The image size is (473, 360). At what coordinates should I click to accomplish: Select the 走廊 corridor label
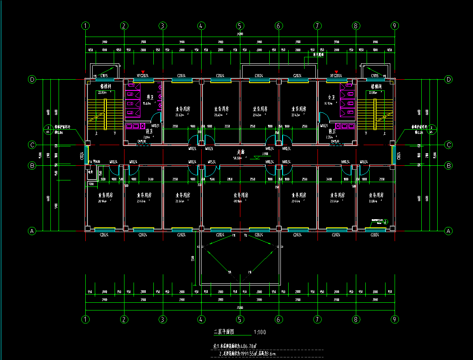pos(240,152)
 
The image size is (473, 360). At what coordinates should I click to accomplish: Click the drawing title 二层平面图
pos(224,332)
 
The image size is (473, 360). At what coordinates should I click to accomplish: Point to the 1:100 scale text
pos(260,332)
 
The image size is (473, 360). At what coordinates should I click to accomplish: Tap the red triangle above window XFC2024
pos(336,72)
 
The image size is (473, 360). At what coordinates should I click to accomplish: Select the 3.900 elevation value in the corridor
pos(265,153)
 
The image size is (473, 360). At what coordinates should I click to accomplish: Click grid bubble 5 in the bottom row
pos(240,320)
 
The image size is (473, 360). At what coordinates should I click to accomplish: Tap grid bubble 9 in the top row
pos(394,26)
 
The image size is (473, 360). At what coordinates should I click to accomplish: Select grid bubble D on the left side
pos(31,80)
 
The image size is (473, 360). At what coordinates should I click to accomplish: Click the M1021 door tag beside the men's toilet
pos(156,126)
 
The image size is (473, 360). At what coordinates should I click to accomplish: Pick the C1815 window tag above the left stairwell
pos(104,76)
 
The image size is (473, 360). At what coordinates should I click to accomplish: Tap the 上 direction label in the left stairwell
pos(96,133)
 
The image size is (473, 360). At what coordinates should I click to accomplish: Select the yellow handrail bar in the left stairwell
pos(105,114)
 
